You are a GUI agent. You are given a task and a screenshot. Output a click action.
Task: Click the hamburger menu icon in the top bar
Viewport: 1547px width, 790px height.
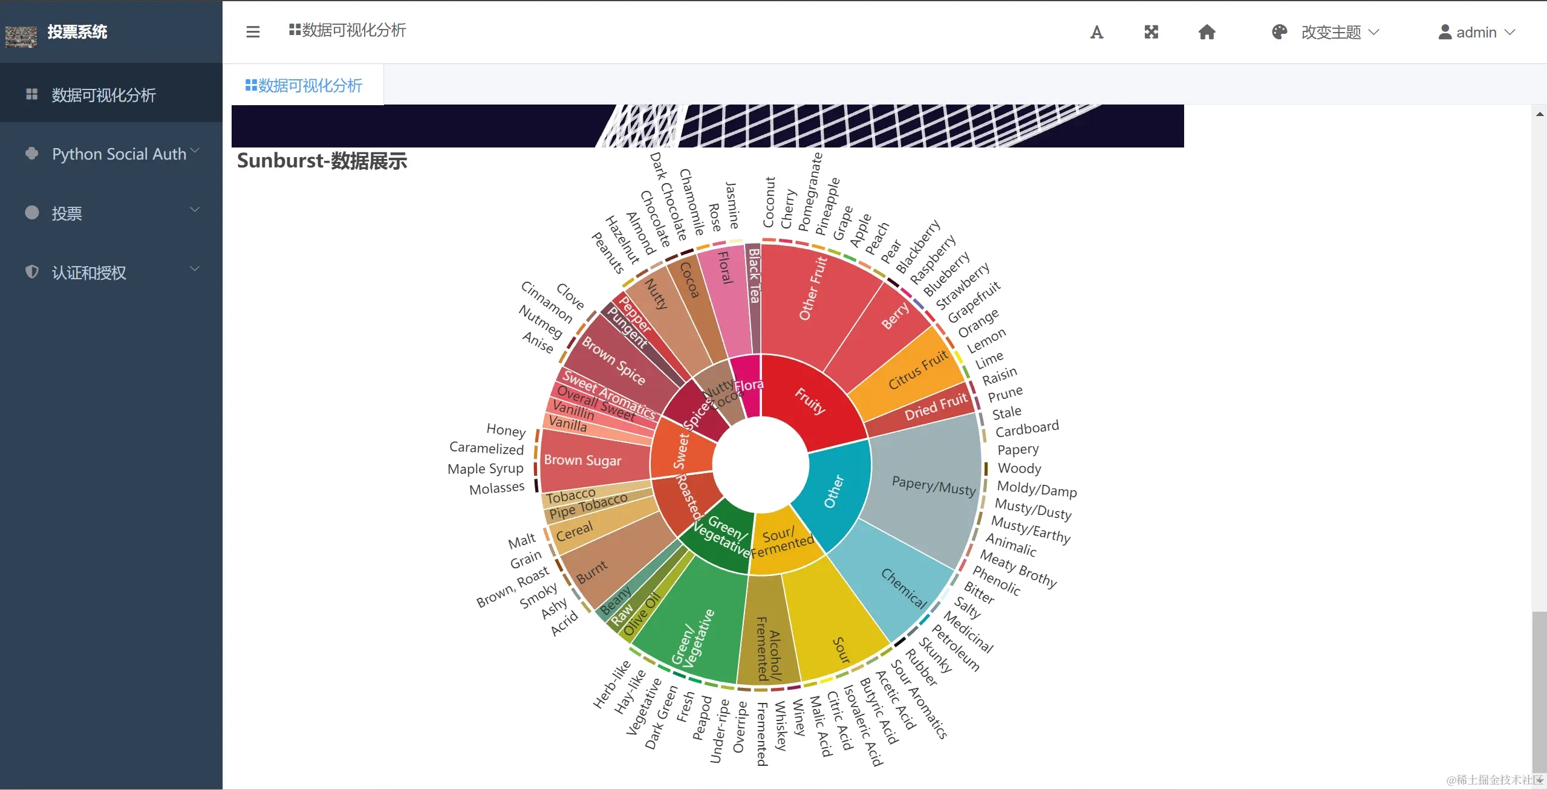coord(253,32)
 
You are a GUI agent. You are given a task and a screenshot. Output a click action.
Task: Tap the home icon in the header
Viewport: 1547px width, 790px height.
coord(1207,32)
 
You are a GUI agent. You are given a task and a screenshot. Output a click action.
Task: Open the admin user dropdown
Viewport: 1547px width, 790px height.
coord(1476,32)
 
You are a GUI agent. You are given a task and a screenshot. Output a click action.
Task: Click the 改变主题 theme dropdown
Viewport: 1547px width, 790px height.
coord(1330,32)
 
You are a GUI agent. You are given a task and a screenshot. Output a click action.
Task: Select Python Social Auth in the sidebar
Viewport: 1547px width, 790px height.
coord(119,154)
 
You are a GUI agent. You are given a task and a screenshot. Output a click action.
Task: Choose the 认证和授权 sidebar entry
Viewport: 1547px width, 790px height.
coord(89,273)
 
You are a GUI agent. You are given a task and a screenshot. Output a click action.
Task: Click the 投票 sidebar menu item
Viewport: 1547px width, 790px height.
coord(67,213)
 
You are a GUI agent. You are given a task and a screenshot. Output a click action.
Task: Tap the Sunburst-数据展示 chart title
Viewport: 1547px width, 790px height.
coord(322,161)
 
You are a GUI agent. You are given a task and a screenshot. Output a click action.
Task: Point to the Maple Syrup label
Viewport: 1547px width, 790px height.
coord(485,469)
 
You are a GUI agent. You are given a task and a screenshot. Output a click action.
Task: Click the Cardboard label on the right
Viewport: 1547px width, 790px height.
coord(1027,429)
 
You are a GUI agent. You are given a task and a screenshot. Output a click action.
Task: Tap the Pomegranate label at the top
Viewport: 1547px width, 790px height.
coord(810,192)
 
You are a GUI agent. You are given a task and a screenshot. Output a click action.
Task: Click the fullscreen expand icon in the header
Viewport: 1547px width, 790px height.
coord(1151,32)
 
